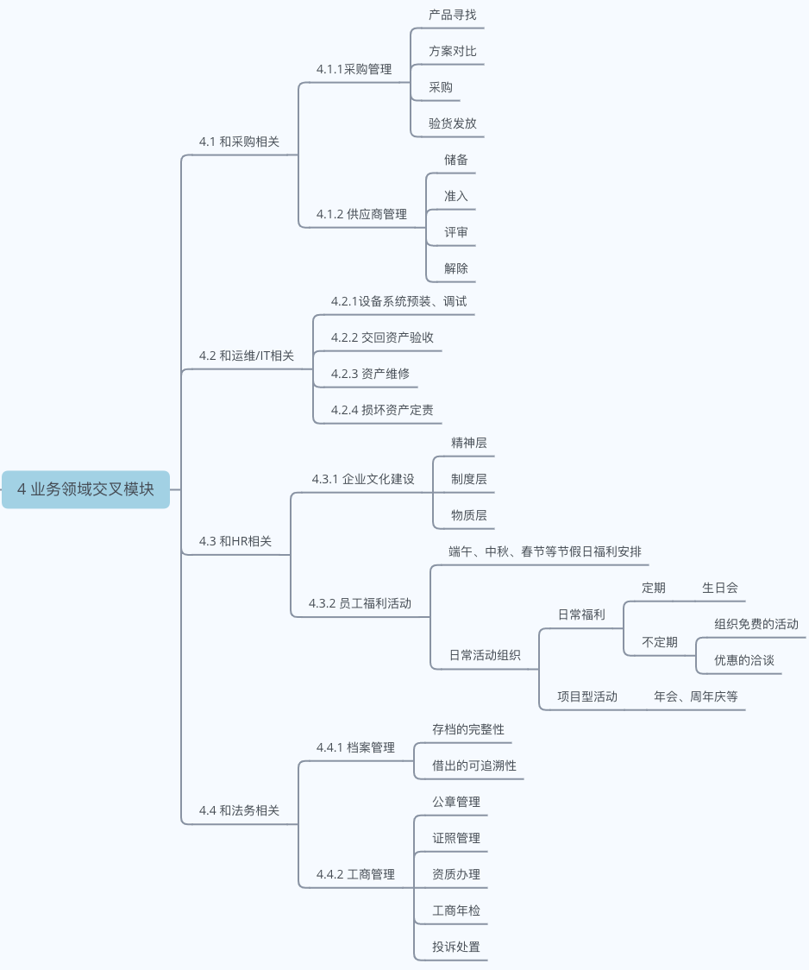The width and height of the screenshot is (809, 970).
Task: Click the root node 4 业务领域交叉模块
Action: click(85, 489)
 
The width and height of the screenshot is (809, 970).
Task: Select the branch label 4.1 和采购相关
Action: click(239, 142)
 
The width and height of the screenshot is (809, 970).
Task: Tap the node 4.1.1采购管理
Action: click(354, 69)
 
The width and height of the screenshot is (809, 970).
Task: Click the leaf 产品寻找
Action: click(452, 15)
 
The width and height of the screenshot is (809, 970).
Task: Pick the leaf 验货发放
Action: click(452, 123)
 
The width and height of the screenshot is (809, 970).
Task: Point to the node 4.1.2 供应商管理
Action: click(361, 214)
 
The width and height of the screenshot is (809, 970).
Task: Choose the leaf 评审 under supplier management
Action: click(456, 232)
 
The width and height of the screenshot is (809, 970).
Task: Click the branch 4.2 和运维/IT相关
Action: click(246, 356)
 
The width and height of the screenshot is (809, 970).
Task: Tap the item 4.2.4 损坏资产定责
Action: click(382, 410)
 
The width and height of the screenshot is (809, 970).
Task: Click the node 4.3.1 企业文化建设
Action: click(363, 479)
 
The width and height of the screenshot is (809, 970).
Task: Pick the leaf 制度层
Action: click(468, 479)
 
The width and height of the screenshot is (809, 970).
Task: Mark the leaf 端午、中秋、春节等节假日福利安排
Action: click(544, 551)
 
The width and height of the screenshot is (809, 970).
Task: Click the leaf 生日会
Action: click(720, 588)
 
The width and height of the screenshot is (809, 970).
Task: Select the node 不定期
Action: click(660, 642)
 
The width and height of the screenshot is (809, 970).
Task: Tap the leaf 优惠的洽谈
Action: click(743, 660)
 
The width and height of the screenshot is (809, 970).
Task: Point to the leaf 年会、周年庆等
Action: click(696, 696)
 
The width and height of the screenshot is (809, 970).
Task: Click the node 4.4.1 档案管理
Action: click(355, 747)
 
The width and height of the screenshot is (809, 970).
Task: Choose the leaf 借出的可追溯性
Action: click(474, 765)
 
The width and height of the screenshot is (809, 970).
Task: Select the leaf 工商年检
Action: click(456, 910)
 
